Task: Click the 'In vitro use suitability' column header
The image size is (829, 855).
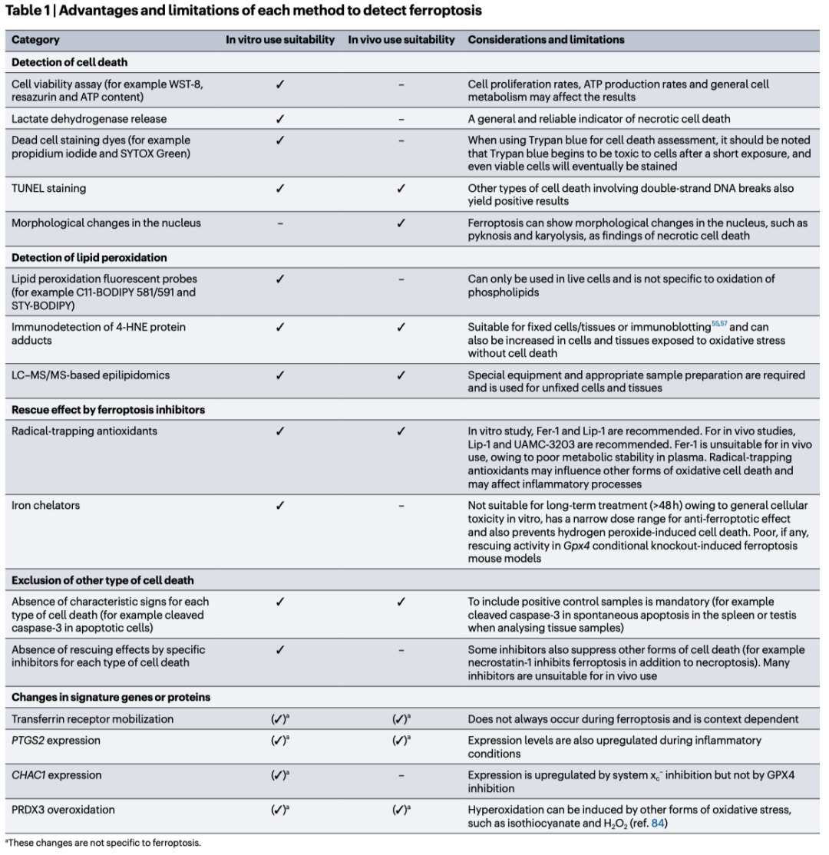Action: pos(279,39)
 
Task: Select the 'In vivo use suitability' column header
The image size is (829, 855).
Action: pos(401,39)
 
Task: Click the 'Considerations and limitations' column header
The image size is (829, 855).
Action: pos(546,39)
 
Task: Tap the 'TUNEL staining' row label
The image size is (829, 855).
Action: pos(48,187)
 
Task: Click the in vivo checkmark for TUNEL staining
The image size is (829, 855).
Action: pos(401,187)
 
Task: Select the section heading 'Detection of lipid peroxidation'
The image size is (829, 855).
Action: pos(90,257)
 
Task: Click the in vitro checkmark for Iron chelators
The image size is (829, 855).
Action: pos(279,504)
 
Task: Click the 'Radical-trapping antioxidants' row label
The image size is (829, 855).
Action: pos(84,431)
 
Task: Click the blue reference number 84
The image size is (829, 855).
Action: pos(657,824)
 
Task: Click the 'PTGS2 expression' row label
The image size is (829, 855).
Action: pos(57,741)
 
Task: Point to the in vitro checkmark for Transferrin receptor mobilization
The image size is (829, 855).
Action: pos(280,719)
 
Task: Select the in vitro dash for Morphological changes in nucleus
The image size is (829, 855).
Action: pos(279,223)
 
